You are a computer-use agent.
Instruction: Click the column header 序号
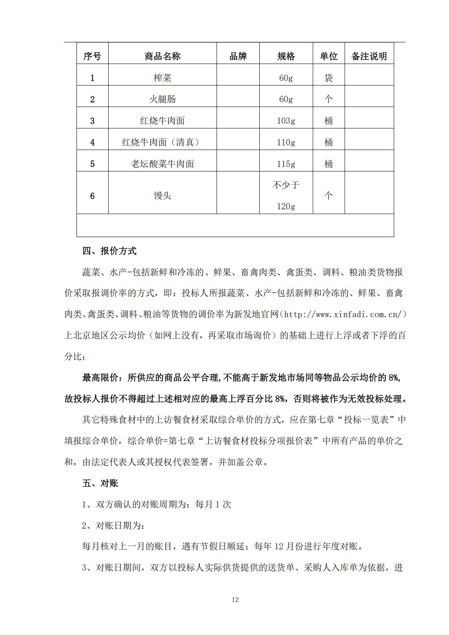click(92, 56)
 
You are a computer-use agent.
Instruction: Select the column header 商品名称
click(162, 56)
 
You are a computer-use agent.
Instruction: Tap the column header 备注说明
click(369, 56)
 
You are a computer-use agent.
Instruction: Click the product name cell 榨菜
click(162, 78)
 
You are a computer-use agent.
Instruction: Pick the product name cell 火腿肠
click(162, 99)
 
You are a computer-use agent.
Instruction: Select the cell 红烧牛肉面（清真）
click(162, 142)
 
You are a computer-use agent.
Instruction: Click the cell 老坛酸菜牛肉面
click(162, 164)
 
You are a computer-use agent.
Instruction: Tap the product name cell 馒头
click(162, 196)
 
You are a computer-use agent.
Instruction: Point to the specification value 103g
click(286, 121)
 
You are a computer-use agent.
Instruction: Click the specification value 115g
click(286, 164)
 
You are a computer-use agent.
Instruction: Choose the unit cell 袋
click(329, 78)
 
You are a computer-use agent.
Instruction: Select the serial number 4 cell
click(92, 142)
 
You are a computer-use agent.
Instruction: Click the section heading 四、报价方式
click(109, 251)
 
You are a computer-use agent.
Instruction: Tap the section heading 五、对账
click(100, 483)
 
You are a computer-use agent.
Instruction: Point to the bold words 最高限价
click(100, 378)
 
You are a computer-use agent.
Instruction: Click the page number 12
click(235, 600)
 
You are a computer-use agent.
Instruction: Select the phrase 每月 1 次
click(213, 504)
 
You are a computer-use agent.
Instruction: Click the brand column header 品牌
click(238, 56)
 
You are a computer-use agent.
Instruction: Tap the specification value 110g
click(286, 142)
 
